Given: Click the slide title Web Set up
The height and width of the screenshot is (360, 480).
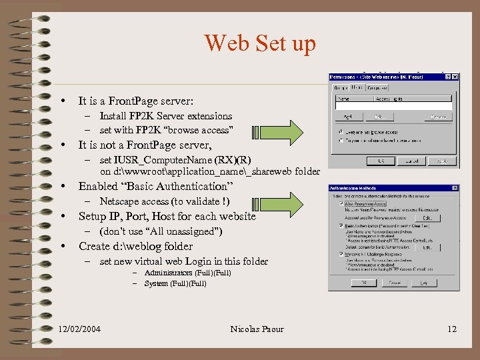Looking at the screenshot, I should [x=260, y=43].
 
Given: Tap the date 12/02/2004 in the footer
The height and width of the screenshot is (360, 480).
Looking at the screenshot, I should [x=79, y=329].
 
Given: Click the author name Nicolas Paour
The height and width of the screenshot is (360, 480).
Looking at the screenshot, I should [x=257, y=329].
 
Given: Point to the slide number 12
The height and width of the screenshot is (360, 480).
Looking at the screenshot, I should [x=452, y=329].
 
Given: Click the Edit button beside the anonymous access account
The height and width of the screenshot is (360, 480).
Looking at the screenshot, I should [x=427, y=217].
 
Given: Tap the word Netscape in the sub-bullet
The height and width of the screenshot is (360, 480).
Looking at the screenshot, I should [x=118, y=201].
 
